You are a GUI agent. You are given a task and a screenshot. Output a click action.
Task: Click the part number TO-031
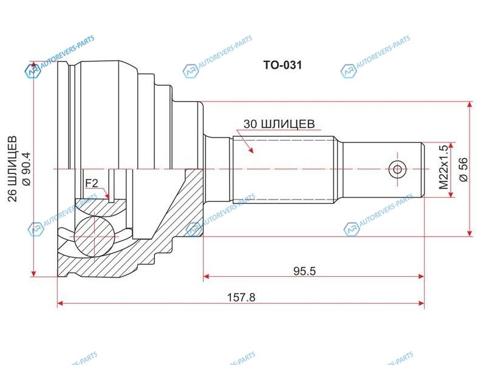pyautogui.click(x=282, y=65)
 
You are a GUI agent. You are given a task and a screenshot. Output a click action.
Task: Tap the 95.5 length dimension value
pyautogui.click(x=304, y=271)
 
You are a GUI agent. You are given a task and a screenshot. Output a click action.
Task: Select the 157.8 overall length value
pyautogui.click(x=241, y=297)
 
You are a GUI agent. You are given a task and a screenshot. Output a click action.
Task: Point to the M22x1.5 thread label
pyautogui.click(x=444, y=167)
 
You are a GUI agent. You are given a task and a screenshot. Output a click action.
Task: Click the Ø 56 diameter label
pyautogui.click(x=464, y=170)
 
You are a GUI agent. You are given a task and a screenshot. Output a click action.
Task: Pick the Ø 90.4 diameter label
pyautogui.click(x=26, y=169)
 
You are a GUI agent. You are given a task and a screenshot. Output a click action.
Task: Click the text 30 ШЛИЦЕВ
pyautogui.click(x=279, y=124)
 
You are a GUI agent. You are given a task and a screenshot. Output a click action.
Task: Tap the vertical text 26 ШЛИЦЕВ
pyautogui.click(x=13, y=169)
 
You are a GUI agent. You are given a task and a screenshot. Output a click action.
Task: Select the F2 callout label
pyautogui.click(x=92, y=183)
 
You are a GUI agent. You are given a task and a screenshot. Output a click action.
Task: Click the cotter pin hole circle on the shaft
pyautogui.click(x=397, y=170)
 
